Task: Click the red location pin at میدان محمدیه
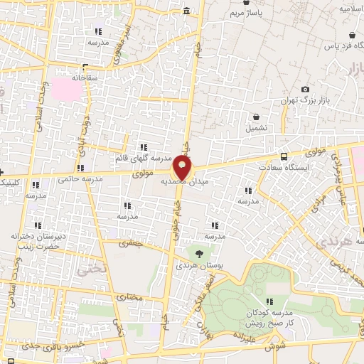click(183, 168)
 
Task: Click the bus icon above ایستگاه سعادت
click(284, 156)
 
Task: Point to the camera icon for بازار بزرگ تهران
click(305, 90)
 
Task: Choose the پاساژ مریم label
click(250, 14)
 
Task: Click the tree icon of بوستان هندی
click(198, 252)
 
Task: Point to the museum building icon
click(186, 11)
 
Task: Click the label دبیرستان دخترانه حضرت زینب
click(38, 240)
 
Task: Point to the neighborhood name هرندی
click(326, 245)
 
